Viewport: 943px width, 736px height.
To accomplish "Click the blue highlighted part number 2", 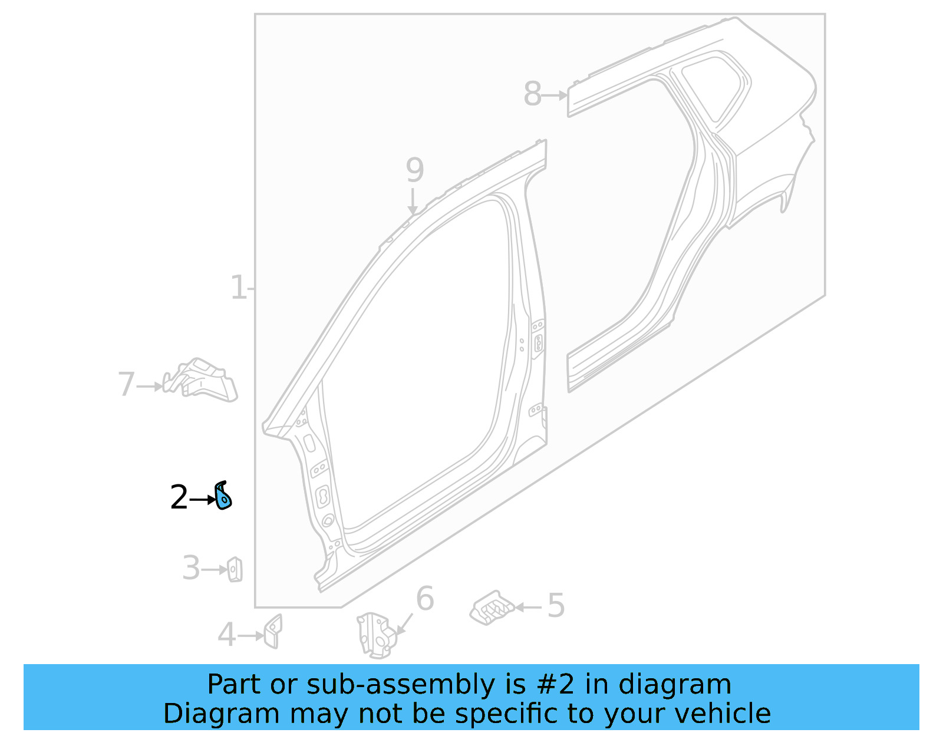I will coord(223,496).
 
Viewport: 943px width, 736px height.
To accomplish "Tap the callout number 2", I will coord(179,498).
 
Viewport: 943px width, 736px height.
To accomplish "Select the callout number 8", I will coord(532,94).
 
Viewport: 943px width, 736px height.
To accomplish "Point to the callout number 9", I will coord(415,170).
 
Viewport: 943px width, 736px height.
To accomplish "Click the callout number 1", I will coord(238,288).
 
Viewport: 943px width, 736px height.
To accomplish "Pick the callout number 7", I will coord(127,385).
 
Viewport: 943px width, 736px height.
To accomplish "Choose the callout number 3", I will coord(191,569).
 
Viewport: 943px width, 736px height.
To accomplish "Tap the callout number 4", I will coord(227,635).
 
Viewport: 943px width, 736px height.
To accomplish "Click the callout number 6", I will coord(425,599).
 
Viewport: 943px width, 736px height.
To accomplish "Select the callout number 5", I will coord(556,606).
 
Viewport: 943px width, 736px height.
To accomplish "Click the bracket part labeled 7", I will coord(203,380).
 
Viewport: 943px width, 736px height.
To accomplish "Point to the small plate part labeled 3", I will coord(235,569).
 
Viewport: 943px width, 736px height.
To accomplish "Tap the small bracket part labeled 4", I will coord(273,631).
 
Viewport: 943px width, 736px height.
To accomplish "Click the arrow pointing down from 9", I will coord(413,202).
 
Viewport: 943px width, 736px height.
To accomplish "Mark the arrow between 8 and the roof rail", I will coord(555,95).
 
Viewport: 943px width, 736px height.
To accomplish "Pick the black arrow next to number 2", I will coord(203,500).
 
